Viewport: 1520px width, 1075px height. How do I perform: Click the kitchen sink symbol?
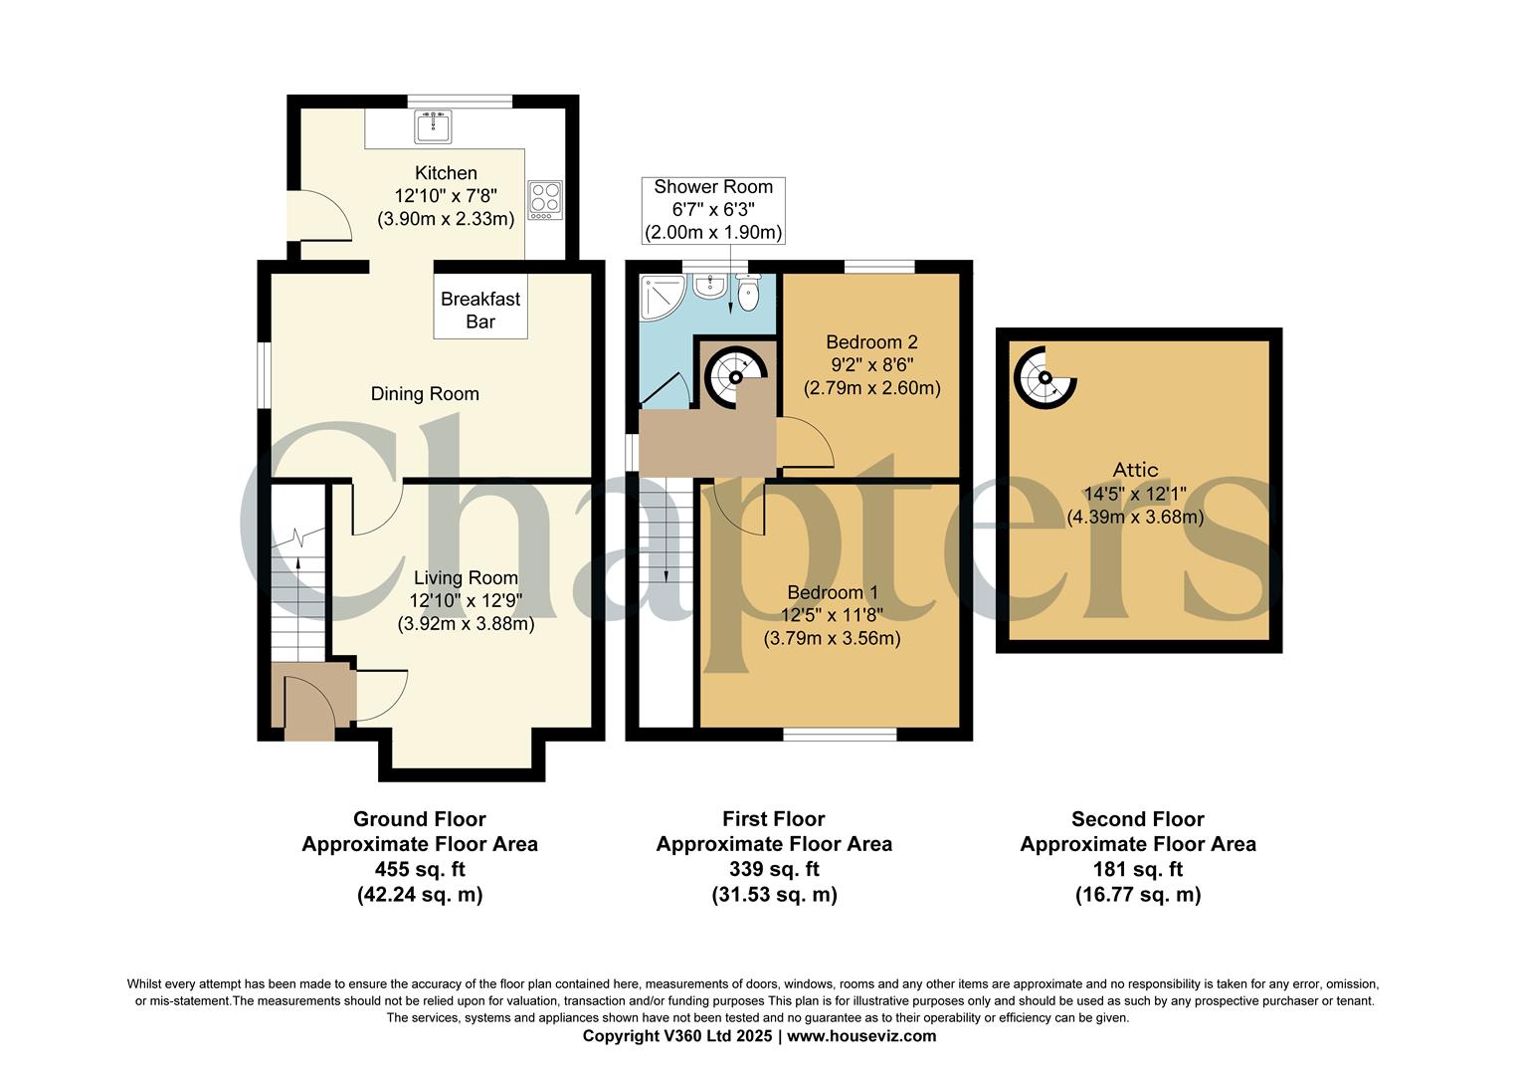click(433, 126)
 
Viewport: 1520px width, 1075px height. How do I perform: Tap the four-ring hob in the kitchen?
click(544, 199)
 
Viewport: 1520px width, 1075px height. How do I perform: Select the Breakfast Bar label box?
click(480, 310)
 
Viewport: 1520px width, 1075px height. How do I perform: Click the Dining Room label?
click(425, 394)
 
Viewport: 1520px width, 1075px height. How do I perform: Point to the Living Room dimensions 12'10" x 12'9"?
click(466, 601)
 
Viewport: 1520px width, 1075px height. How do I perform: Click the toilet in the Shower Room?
click(748, 291)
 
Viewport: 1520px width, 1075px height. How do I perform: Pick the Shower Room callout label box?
click(713, 210)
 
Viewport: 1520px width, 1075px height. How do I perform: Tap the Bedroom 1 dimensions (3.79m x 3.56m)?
click(832, 639)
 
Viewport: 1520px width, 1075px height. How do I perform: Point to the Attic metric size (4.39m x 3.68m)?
click(1135, 518)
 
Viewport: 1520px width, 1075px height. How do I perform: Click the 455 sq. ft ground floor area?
click(420, 869)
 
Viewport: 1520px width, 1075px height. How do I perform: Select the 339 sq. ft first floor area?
click(774, 869)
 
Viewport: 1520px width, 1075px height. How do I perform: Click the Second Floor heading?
click(1137, 819)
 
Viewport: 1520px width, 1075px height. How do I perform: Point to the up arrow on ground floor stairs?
click(298, 574)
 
